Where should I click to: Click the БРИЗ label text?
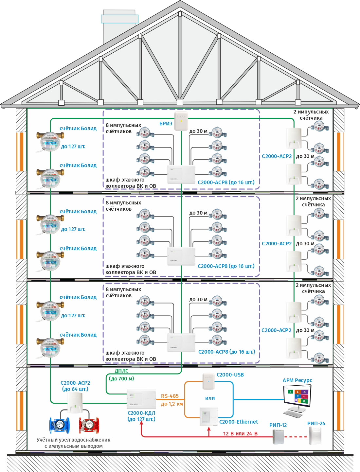click(166, 124)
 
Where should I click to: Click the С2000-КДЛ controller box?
click(141, 399)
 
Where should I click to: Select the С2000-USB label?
click(230, 375)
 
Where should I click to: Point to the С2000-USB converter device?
click(208, 381)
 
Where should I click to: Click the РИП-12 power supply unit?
click(278, 437)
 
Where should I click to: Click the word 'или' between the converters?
click(210, 398)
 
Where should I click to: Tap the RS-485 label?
click(170, 396)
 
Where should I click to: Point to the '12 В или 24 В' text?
click(240, 434)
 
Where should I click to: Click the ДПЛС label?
click(121, 371)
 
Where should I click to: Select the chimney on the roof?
click(119, 26)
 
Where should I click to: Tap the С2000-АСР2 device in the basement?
click(76, 403)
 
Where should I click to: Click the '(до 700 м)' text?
click(121, 379)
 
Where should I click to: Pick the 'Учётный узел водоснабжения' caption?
click(73, 440)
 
